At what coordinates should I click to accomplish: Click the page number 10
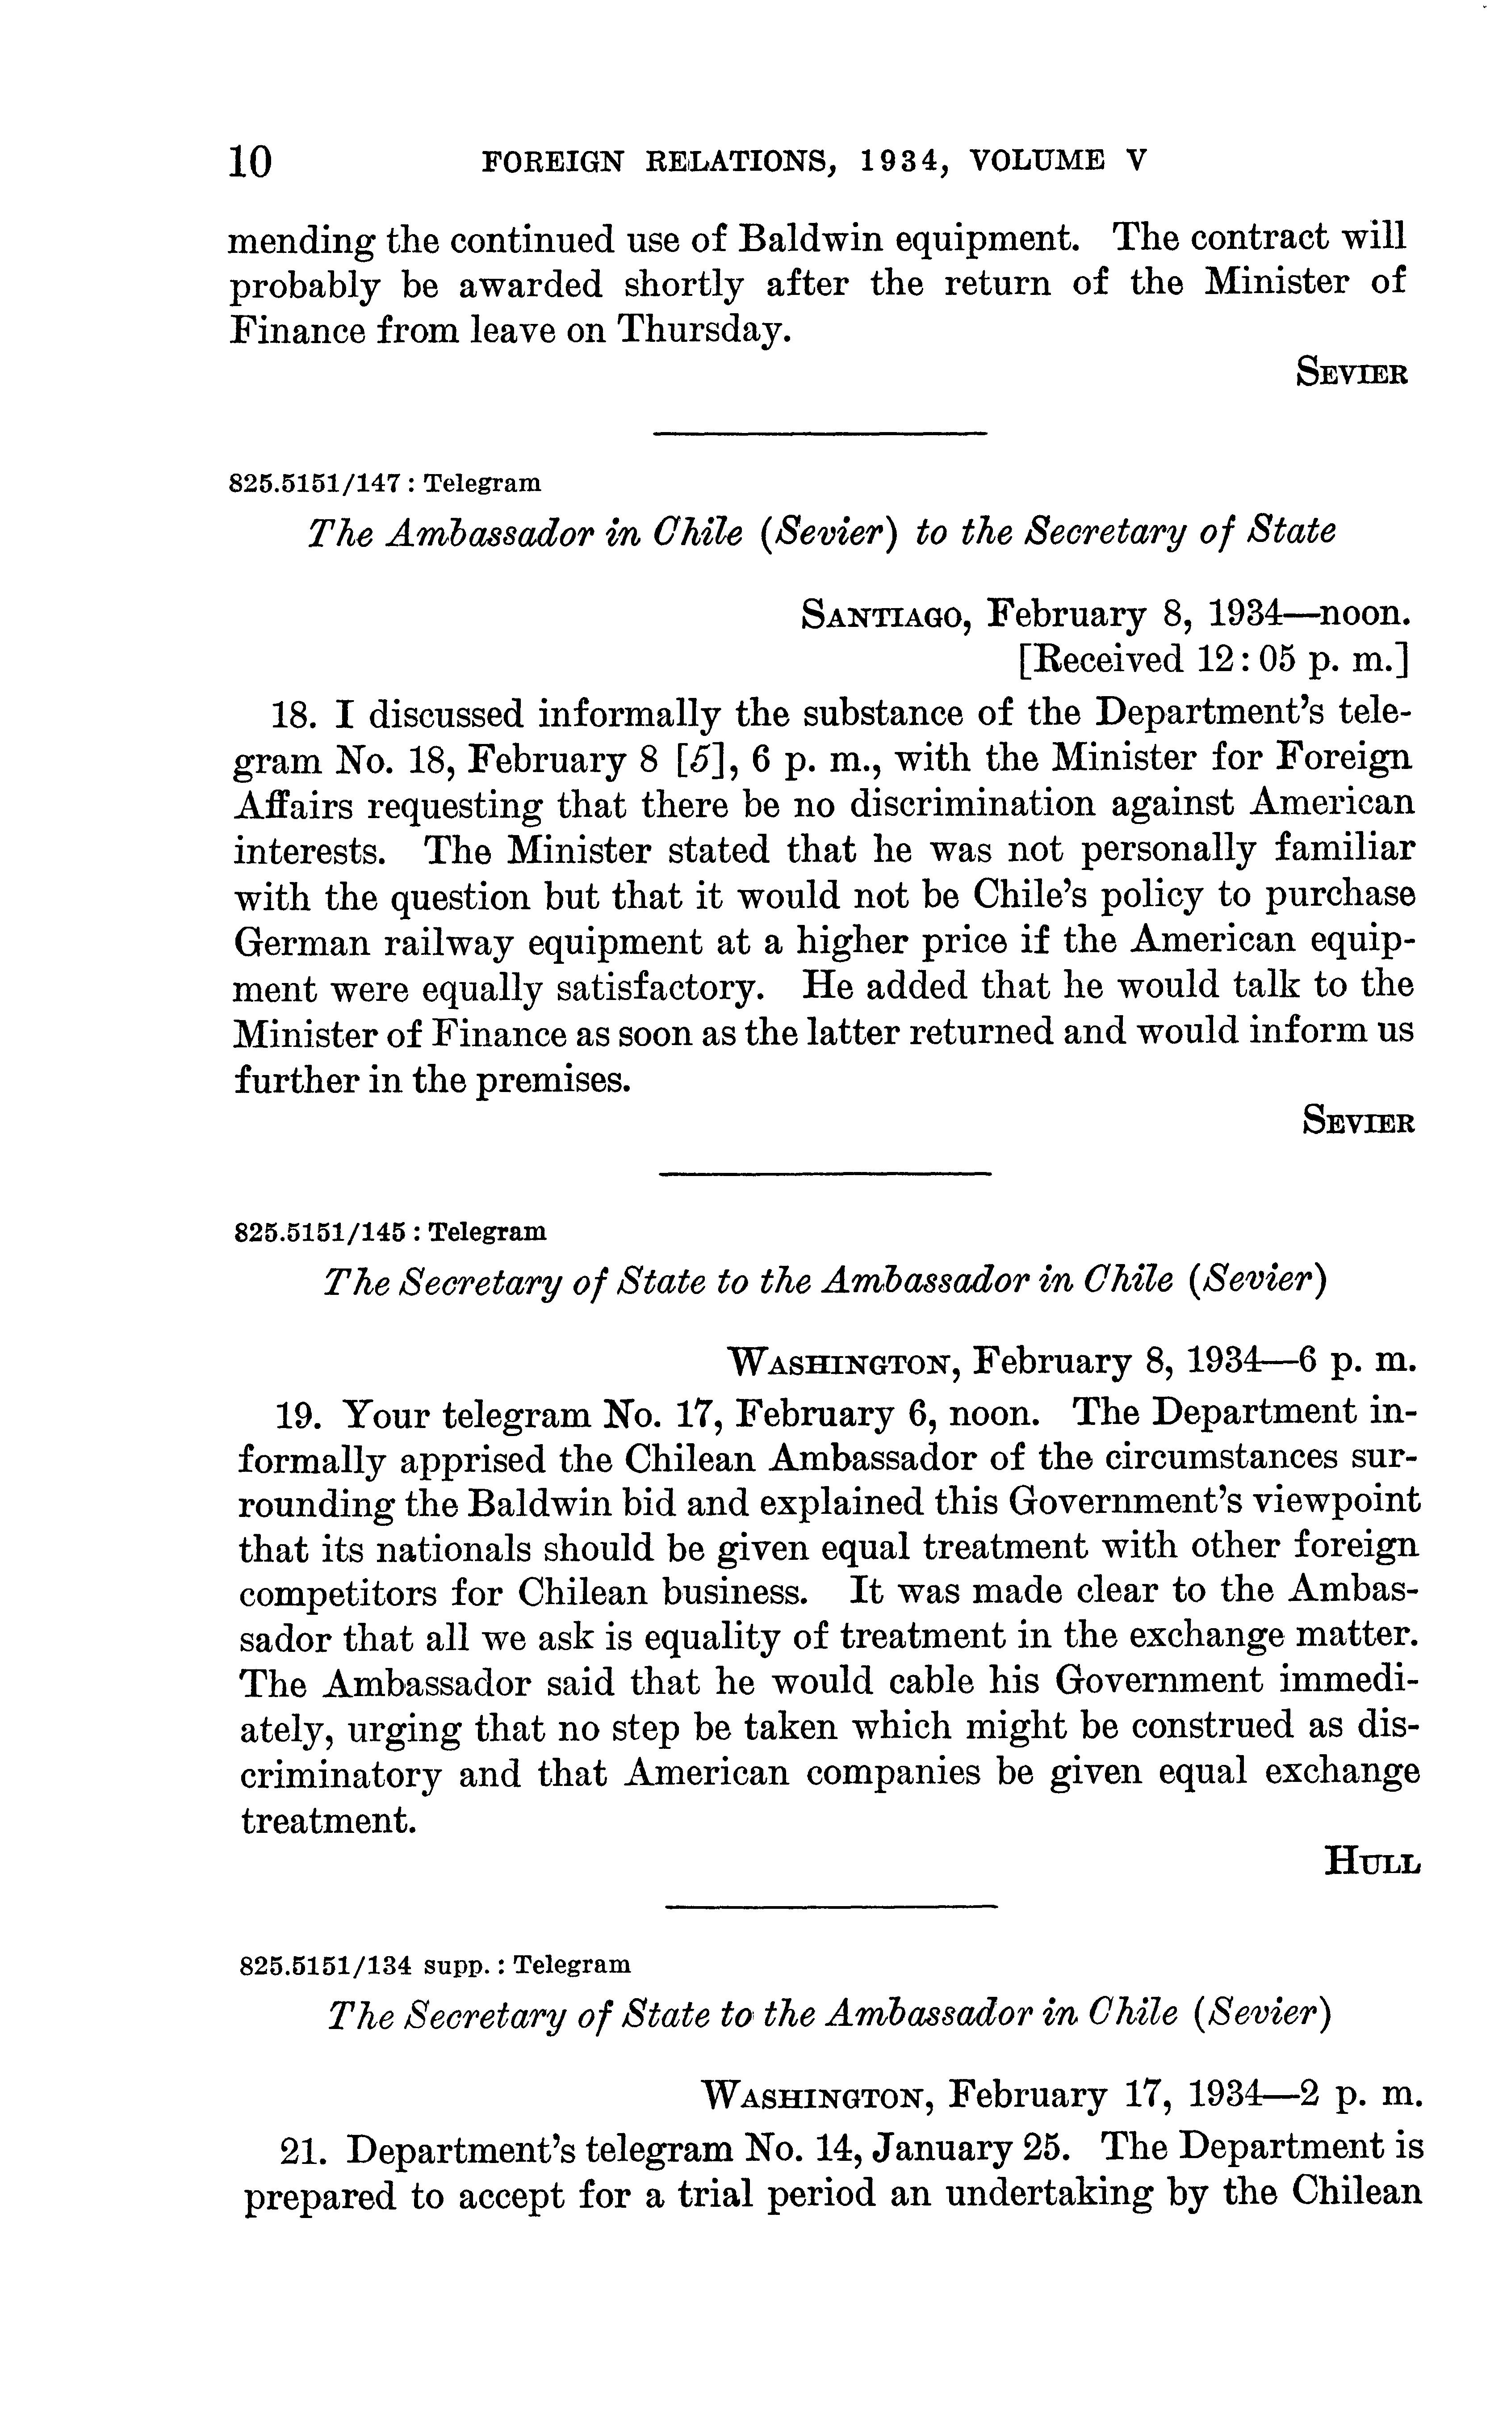[x=250, y=160]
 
